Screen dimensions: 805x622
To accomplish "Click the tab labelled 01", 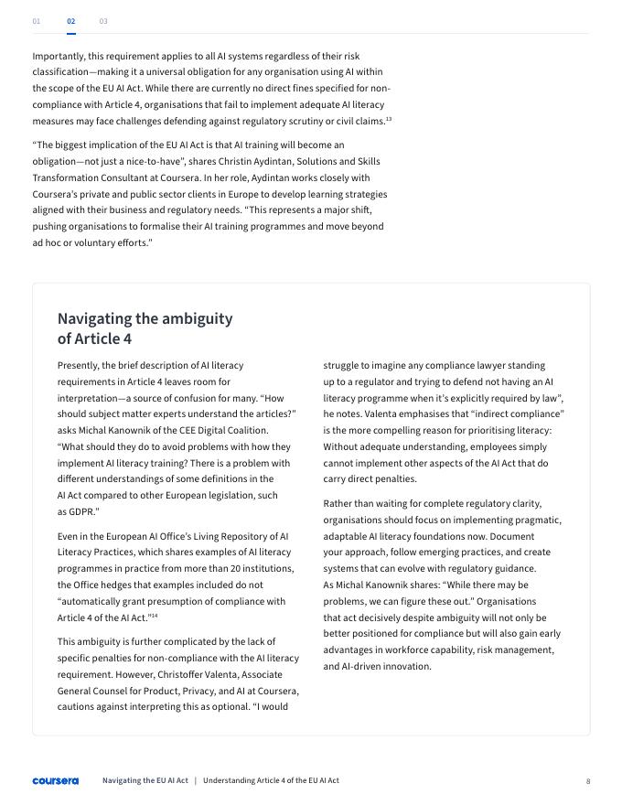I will (x=37, y=20).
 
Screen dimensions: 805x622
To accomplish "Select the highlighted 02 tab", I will (x=71, y=20).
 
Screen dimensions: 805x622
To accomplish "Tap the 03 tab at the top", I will (x=103, y=20).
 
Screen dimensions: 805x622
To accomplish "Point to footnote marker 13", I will (x=389, y=119).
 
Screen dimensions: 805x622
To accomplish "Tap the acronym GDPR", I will (x=82, y=511).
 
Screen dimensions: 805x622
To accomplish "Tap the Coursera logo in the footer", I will (x=55, y=781).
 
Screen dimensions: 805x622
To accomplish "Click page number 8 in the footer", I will (x=588, y=781).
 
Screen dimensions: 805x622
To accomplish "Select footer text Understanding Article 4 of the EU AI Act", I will (x=271, y=780).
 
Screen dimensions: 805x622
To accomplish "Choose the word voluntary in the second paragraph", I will (x=95, y=242).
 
